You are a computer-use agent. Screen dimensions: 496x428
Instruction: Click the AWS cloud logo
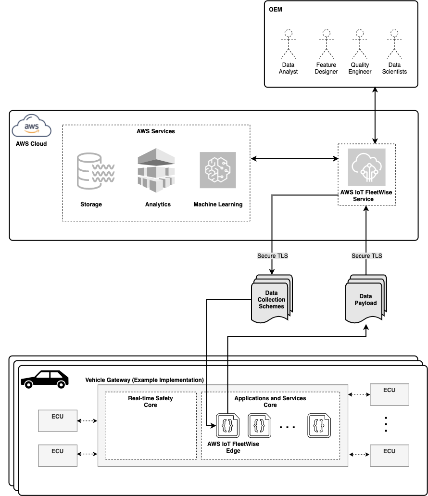click(x=31, y=127)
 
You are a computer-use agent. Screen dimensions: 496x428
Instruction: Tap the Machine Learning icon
click(x=218, y=170)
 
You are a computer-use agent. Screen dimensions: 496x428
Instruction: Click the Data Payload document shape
click(x=365, y=299)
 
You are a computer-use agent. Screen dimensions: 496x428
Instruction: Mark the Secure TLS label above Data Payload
click(x=367, y=256)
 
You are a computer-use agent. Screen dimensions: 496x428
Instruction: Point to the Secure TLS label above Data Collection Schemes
click(x=273, y=256)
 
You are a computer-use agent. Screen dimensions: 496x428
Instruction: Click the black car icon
click(x=45, y=379)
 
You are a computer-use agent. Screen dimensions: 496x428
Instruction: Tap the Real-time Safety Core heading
click(x=151, y=401)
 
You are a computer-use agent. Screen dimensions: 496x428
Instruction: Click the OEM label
click(x=276, y=10)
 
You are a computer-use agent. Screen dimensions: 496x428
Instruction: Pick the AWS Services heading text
click(x=156, y=131)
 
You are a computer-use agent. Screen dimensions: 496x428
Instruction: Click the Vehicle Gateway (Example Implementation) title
click(x=144, y=380)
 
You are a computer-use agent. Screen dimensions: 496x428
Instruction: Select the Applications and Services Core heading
click(x=270, y=401)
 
